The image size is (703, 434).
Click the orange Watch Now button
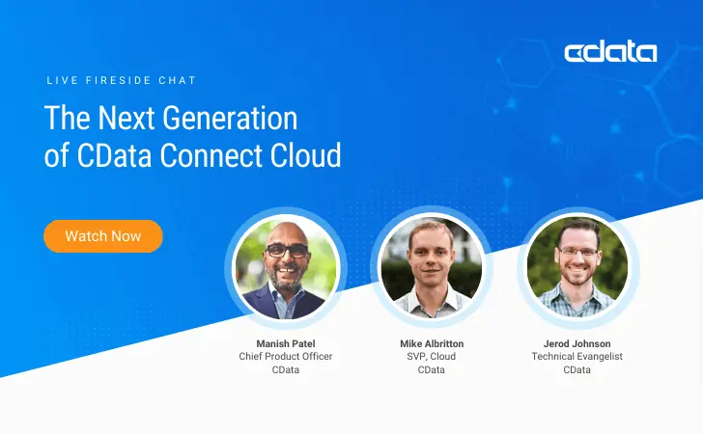(103, 236)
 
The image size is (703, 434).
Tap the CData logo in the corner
(610, 52)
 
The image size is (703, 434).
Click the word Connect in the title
(213, 155)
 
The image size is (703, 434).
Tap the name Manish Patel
(285, 343)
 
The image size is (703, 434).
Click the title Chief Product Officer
(285, 357)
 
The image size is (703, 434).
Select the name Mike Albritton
(431, 343)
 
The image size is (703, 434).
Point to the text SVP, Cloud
(431, 357)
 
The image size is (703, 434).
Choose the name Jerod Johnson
(577, 343)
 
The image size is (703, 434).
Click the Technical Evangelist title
(577, 357)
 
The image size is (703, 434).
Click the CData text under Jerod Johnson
(577, 370)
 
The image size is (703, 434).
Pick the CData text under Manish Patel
(285, 370)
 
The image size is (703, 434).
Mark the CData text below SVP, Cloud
(431, 370)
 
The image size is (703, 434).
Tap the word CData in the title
(123, 155)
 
